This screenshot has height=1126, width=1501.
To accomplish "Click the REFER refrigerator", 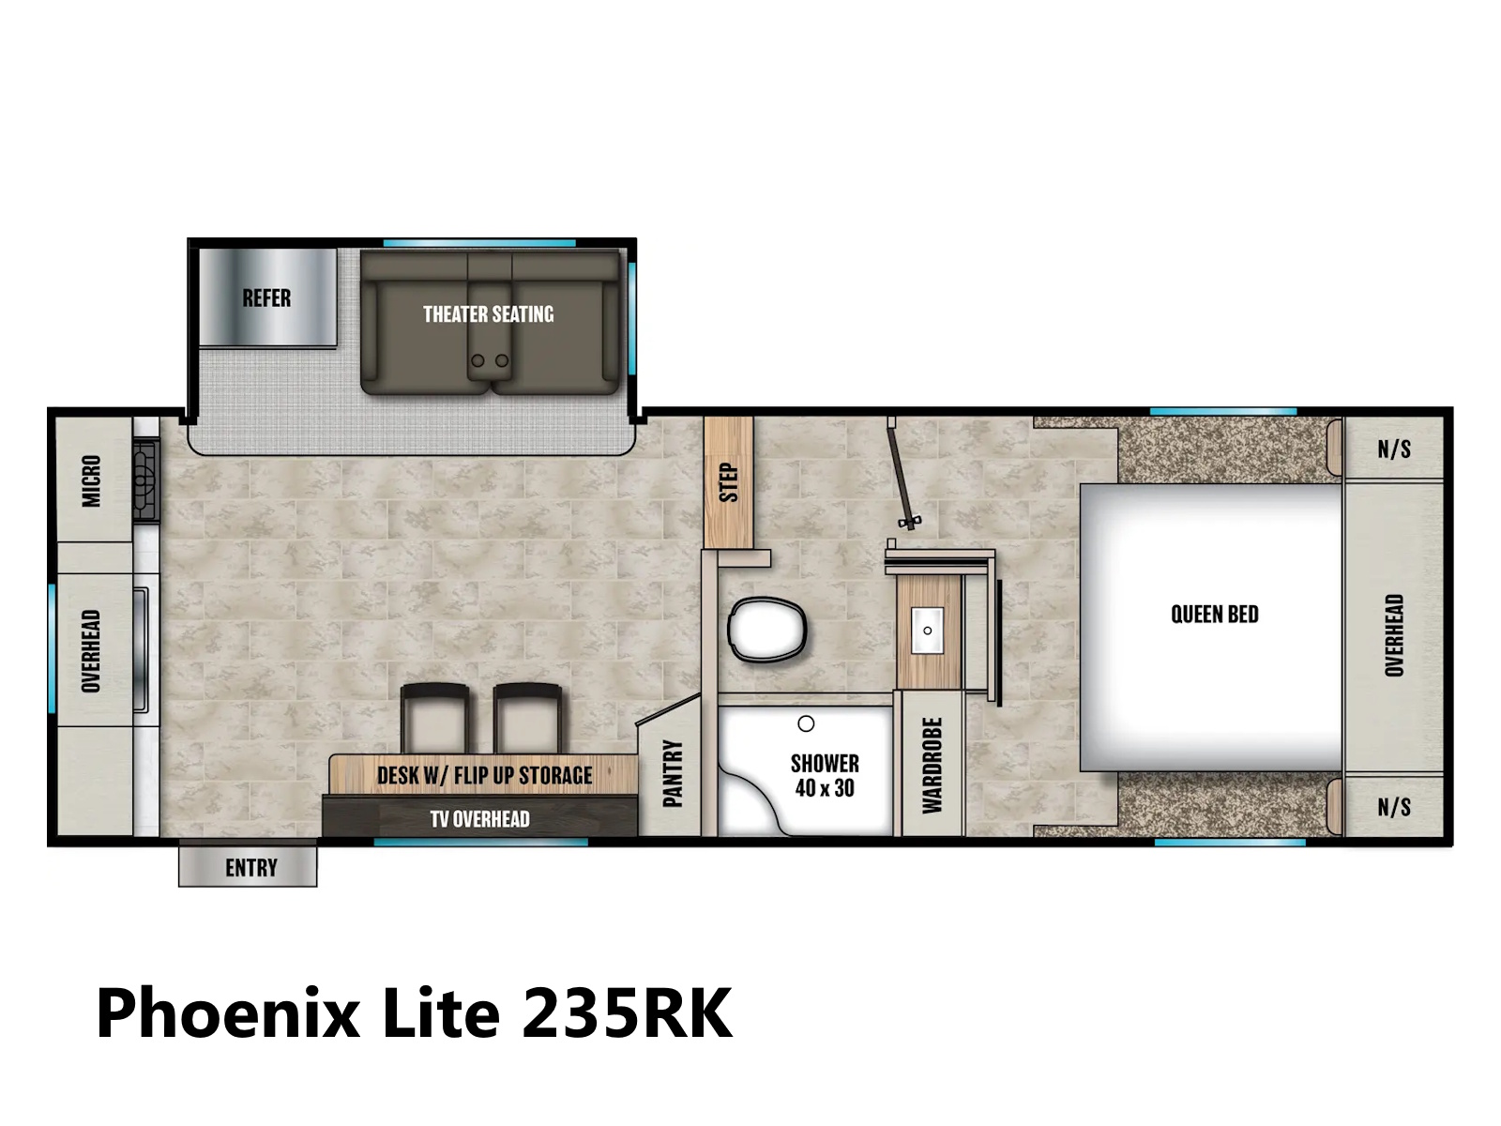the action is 267,297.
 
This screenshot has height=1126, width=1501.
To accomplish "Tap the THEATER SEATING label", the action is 488,314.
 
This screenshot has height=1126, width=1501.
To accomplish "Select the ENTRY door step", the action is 248,867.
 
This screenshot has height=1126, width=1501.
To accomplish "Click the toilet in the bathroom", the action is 766,630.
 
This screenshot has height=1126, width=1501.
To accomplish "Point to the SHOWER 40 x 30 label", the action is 825,775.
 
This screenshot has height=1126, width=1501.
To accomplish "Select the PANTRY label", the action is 673,773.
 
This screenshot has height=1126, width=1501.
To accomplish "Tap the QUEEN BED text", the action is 1215,614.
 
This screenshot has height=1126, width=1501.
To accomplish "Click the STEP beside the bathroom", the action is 728,482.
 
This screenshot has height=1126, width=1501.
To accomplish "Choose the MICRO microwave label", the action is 91,481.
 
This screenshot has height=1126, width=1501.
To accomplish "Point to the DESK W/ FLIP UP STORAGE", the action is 483,775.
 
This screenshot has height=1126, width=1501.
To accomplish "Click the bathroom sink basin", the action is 927,630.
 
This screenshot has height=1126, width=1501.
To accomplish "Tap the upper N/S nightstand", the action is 1394,449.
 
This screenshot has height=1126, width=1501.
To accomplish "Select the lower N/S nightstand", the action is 1394,807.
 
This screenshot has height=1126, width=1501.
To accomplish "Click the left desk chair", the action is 435,718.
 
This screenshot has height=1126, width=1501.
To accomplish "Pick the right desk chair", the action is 527,718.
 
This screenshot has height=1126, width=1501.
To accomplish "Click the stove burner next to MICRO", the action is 146,481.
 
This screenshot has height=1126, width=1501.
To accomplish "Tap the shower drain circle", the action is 806,723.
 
